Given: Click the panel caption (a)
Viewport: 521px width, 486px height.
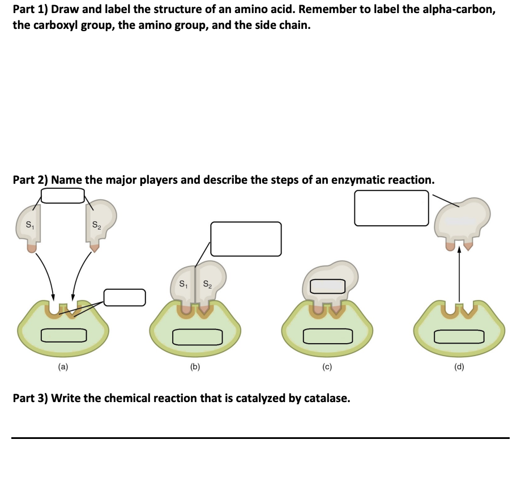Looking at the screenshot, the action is (63, 367).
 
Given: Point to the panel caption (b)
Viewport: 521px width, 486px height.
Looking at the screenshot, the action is (195, 367).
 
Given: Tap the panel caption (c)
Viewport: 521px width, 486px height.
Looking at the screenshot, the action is (327, 367).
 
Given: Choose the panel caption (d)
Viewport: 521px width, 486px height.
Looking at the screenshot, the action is (459, 367).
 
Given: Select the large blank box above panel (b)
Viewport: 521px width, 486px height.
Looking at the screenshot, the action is (246, 239).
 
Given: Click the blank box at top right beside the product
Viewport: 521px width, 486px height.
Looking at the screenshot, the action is (391, 208).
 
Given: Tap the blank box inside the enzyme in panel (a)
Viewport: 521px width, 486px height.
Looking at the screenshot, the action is (63, 336).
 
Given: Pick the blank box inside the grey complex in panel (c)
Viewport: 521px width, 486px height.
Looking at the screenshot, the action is (327, 286).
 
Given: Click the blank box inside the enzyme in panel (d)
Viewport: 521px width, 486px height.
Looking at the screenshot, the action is (459, 336).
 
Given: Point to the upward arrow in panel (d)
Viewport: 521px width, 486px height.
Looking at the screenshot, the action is (459, 272).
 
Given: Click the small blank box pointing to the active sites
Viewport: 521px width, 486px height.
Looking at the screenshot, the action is (125, 296).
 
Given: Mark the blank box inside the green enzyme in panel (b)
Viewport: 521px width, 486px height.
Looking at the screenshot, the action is (195, 337).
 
